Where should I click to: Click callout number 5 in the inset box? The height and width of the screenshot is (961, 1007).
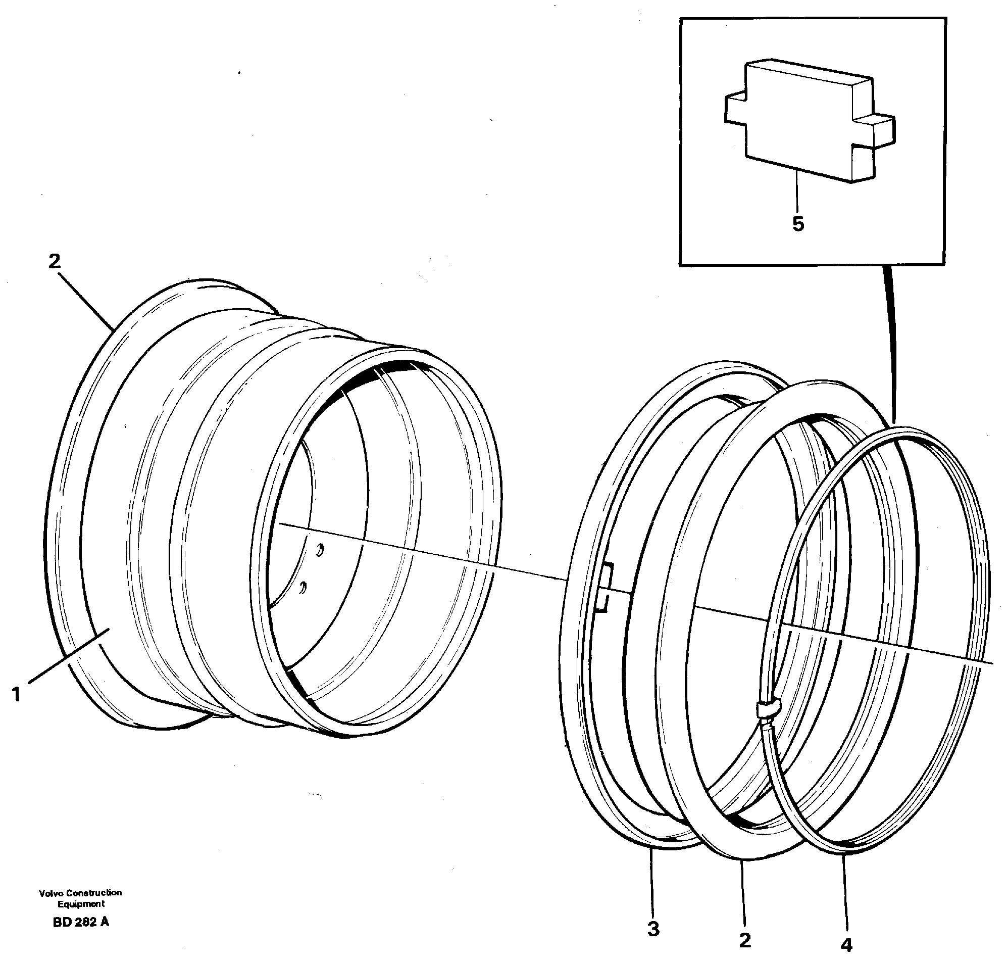(x=798, y=224)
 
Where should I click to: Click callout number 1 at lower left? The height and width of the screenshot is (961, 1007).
(x=17, y=695)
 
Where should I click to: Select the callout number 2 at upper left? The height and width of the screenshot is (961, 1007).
(x=54, y=262)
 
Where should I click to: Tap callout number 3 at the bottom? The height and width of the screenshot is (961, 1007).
(x=653, y=929)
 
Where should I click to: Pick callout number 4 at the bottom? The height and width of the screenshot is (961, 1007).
(x=846, y=944)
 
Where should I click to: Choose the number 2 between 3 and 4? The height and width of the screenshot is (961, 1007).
(x=745, y=940)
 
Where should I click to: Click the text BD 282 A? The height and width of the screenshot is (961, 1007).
(x=80, y=922)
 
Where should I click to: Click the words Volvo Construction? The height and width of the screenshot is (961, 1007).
(x=80, y=892)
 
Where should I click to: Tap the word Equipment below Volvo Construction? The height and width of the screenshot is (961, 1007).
(x=81, y=904)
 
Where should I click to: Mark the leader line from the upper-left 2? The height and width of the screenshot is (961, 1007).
(x=86, y=300)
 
